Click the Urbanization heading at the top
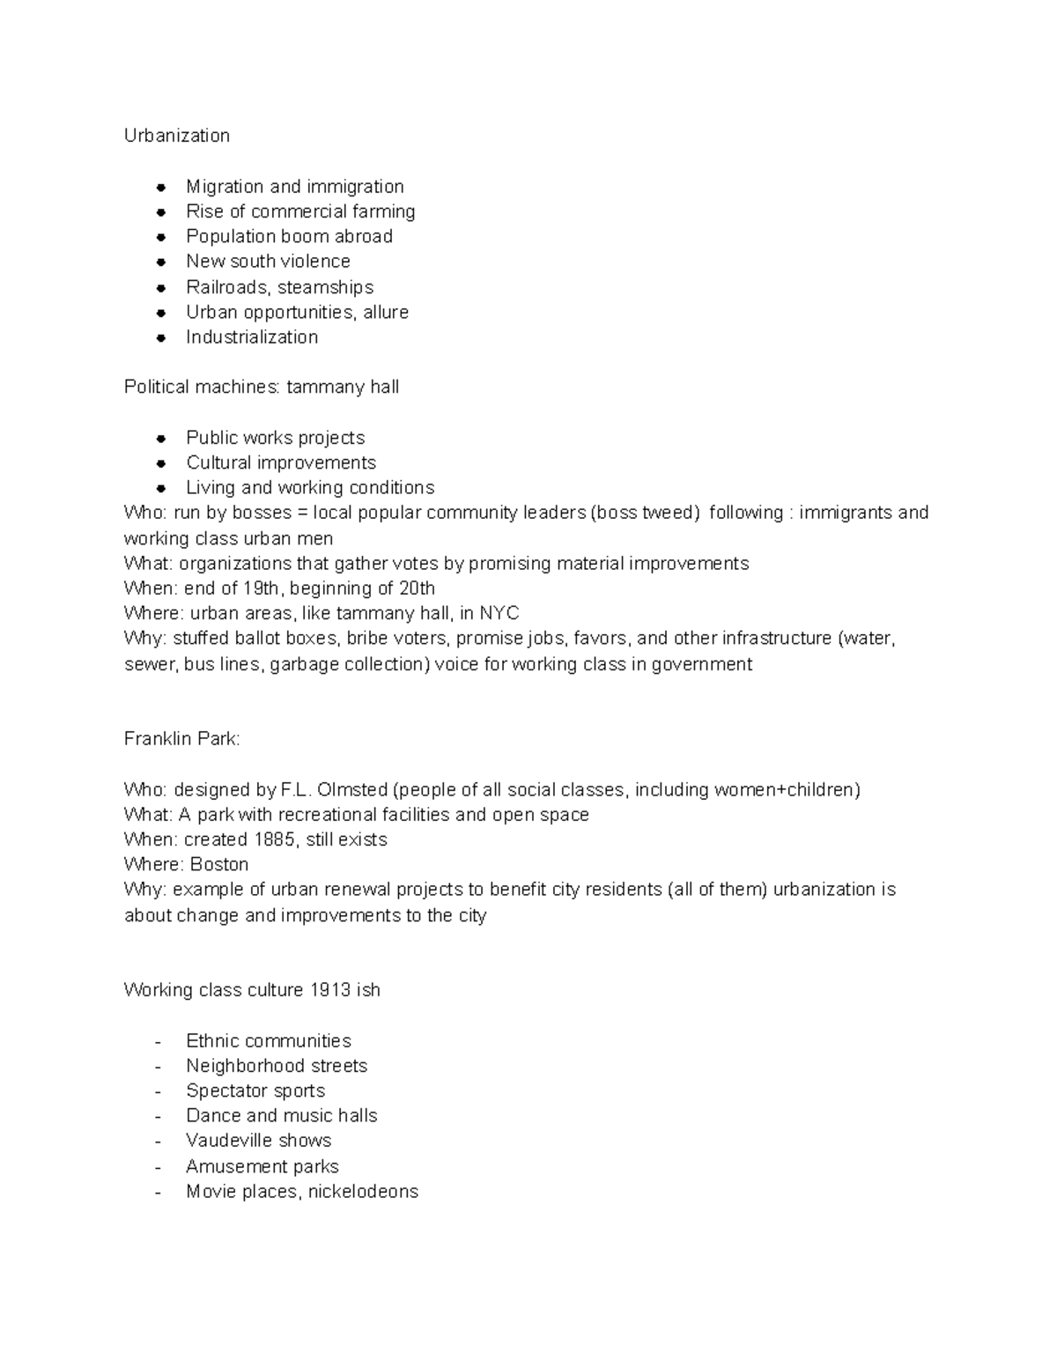coord(176,136)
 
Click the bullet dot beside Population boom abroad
coord(161,237)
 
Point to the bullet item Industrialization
coord(252,336)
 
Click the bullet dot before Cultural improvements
coord(161,463)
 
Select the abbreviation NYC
coord(499,613)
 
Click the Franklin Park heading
coord(181,739)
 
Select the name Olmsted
coord(351,789)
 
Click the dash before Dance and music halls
coord(158,1116)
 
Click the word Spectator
coord(225,1091)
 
